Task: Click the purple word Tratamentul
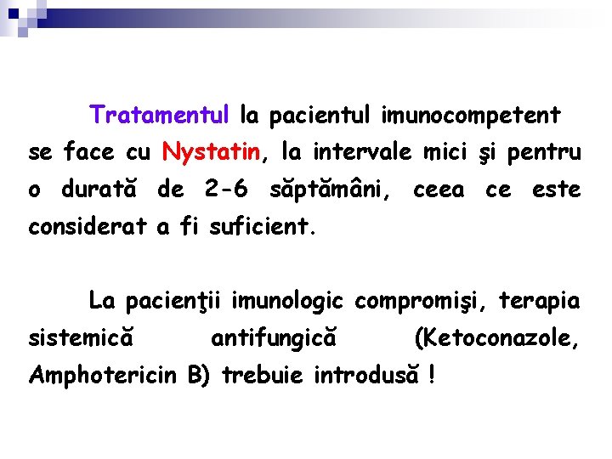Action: (x=160, y=114)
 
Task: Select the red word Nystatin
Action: (x=212, y=152)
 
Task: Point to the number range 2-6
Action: (x=226, y=189)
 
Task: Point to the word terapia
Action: (x=540, y=301)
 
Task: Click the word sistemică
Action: (x=82, y=338)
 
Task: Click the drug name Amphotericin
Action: (x=103, y=375)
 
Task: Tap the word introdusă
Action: (x=367, y=375)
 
